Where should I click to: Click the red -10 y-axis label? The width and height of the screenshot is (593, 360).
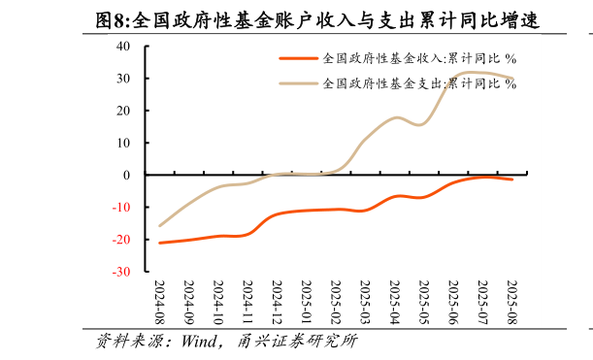(121, 208)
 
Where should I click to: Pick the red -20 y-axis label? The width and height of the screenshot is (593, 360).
(121, 240)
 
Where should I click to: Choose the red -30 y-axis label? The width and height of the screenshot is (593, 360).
(121, 273)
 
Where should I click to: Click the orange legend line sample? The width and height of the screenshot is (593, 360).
(299, 59)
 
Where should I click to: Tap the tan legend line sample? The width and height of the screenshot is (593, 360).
(299, 83)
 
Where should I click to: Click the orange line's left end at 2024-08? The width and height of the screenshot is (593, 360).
(160, 243)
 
